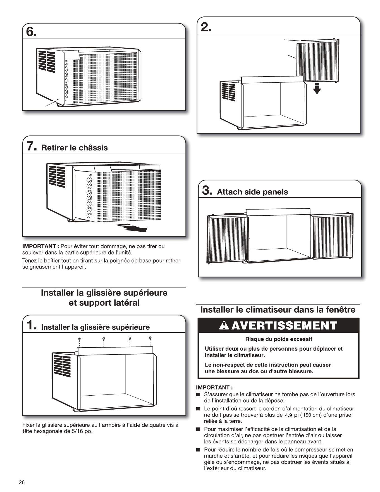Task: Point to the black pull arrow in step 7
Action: (x=132, y=228)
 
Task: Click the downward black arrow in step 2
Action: (x=317, y=88)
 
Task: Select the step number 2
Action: (x=206, y=27)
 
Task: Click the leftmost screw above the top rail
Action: (x=80, y=339)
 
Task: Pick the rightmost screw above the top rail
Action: (x=150, y=339)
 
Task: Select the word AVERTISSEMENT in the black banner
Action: (x=284, y=326)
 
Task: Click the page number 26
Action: (x=21, y=482)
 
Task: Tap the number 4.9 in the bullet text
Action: (x=288, y=415)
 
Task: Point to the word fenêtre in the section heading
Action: (x=340, y=310)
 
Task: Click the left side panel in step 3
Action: (x=227, y=239)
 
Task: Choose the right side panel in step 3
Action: (x=332, y=237)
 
